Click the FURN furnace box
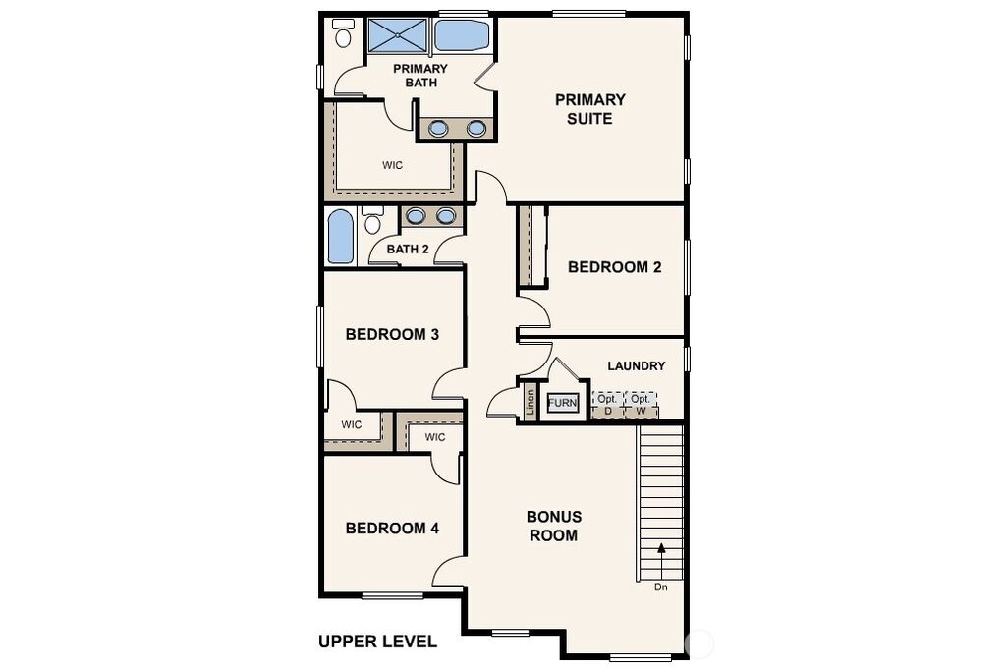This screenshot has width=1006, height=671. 563,403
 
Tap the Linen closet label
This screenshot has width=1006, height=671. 530,404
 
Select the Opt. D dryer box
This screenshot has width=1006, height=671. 607,405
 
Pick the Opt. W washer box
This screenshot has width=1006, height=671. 641,405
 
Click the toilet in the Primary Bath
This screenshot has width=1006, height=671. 343,33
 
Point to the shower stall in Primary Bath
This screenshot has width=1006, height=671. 398,35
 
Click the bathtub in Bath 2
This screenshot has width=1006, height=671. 341,237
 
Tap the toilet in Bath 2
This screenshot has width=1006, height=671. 372,220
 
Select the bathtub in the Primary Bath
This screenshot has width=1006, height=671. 462,35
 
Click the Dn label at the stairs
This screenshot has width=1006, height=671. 661,587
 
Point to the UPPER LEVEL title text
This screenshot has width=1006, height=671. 378,642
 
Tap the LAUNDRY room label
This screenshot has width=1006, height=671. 636,365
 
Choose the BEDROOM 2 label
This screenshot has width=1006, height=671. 615,267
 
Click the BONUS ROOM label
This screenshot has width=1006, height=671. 554,526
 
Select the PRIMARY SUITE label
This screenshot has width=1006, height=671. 589,109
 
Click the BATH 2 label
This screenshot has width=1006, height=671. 408,249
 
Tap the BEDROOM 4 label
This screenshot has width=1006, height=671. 392,528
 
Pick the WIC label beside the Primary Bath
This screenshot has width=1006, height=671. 393,165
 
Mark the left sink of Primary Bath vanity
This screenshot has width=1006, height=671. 438,129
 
